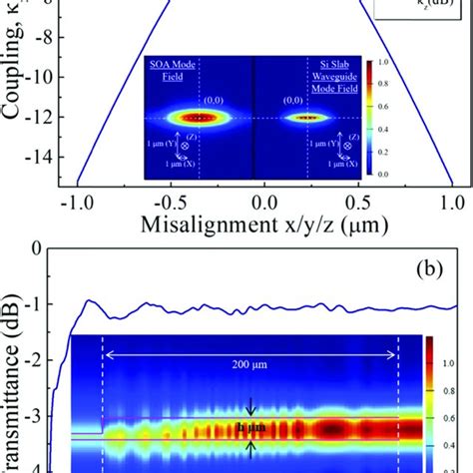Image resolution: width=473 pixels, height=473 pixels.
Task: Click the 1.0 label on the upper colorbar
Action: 382,63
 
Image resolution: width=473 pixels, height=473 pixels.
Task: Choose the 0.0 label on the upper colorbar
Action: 382,175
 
